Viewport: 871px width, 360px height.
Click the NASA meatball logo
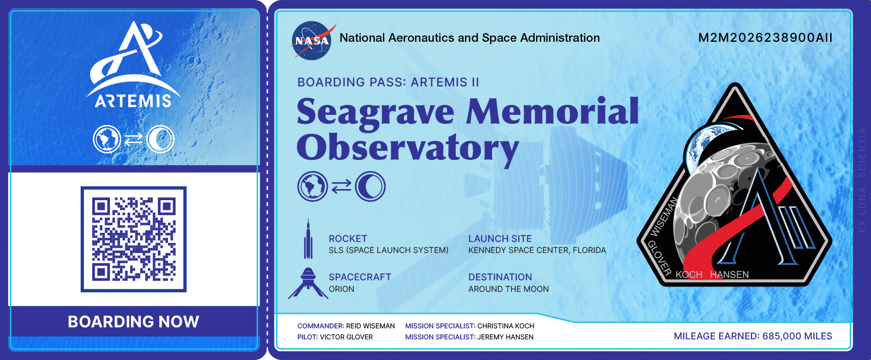[312, 41]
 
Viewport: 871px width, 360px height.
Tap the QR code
[133, 239]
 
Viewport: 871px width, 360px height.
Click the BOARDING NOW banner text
[133, 322]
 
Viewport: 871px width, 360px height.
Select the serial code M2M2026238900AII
[765, 38]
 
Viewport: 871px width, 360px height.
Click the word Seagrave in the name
[375, 112]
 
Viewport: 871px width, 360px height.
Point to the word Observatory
[408, 148]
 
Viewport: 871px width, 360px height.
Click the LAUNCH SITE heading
[500, 239]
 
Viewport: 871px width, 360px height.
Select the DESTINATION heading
[500, 277]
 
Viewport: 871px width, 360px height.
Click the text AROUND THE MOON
[509, 289]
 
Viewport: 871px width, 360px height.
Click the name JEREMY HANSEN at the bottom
[505, 337]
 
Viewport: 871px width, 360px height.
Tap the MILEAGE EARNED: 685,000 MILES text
[753, 336]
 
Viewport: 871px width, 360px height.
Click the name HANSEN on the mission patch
[729, 275]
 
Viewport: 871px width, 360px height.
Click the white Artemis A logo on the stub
[133, 65]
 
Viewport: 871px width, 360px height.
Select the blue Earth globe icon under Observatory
[312, 186]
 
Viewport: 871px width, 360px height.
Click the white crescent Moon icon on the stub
[160, 140]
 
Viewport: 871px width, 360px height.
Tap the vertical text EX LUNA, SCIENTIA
[862, 180]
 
